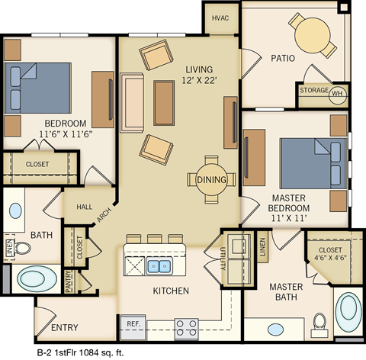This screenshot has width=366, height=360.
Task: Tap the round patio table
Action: (x=312, y=34)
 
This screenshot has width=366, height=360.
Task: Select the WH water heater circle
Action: (x=338, y=92)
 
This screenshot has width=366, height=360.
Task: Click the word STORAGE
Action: (x=314, y=91)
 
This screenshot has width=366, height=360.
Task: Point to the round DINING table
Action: (x=211, y=179)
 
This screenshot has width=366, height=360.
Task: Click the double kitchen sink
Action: (x=159, y=265)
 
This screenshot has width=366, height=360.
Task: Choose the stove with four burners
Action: (x=186, y=328)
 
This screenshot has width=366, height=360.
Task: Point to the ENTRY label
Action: (x=65, y=328)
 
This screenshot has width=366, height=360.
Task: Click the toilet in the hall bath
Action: (x=22, y=247)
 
